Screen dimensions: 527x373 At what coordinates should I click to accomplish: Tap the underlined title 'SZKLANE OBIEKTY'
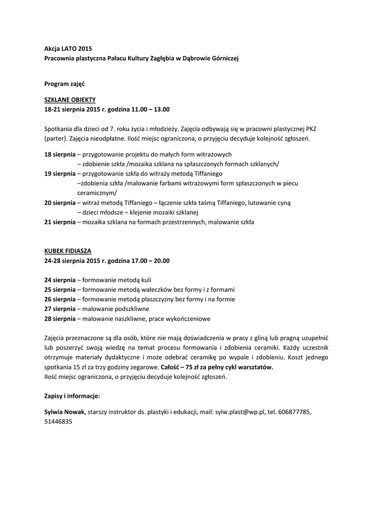click(x=70, y=100)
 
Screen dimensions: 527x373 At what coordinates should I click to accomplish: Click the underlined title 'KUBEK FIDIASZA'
click(x=67, y=251)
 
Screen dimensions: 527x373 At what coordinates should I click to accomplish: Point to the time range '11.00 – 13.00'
click(x=151, y=110)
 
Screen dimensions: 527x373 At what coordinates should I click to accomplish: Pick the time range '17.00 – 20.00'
click(x=151, y=260)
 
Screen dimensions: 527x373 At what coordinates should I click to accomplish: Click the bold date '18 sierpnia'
click(x=60, y=154)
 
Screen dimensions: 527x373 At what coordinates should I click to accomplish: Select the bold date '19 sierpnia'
click(x=60, y=173)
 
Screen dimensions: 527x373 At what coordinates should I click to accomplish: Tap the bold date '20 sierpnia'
click(x=60, y=203)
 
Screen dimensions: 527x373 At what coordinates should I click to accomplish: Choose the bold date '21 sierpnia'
click(x=60, y=222)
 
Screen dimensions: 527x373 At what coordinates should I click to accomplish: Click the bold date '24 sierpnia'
click(x=60, y=280)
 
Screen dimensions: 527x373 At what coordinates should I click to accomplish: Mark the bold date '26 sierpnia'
click(x=60, y=299)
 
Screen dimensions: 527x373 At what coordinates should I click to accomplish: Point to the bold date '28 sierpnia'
click(x=60, y=319)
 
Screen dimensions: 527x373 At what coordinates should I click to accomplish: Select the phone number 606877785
click(x=294, y=412)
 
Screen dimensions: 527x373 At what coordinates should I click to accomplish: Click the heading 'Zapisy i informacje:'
click(x=72, y=396)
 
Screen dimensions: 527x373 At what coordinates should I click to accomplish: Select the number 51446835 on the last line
click(x=58, y=421)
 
